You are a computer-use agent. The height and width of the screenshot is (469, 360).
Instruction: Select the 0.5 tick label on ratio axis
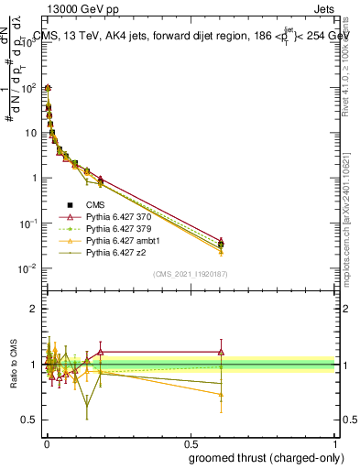(x=30, y=420)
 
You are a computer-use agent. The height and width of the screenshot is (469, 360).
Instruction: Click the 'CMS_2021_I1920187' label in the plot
(x=190, y=274)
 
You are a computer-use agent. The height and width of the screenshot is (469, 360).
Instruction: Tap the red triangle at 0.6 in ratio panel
(x=221, y=352)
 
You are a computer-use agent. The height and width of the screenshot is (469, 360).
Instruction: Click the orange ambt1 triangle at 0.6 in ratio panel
(x=221, y=395)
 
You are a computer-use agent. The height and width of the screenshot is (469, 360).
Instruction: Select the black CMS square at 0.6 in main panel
(x=221, y=245)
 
